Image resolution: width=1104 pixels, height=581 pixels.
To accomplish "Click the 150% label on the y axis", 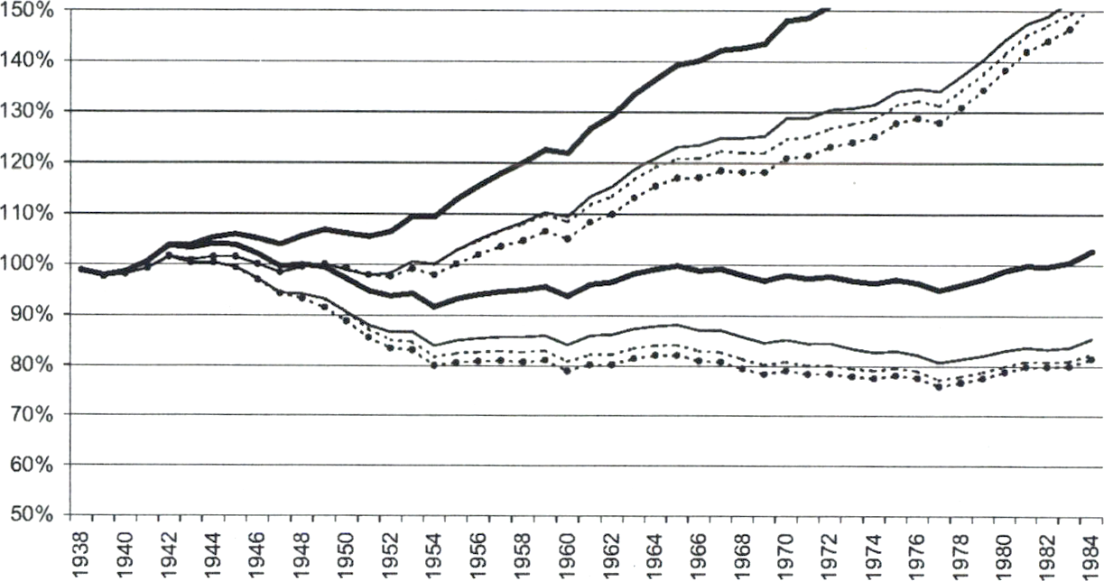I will (x=32, y=10).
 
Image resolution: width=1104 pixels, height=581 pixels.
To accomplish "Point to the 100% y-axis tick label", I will (x=32, y=263).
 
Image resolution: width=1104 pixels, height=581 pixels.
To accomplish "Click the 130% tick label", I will (x=32, y=111).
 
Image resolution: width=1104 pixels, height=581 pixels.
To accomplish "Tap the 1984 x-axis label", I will (x=1091, y=552).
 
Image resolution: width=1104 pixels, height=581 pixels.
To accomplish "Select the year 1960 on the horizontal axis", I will (x=566, y=552).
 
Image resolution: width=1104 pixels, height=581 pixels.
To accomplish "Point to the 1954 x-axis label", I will (x=434, y=552).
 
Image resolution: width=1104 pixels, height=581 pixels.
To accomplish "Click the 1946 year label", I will (x=258, y=552).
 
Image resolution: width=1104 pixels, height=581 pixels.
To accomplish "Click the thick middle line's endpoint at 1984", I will (x=1092, y=253).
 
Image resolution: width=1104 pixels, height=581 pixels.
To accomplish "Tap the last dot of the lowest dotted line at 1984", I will (x=1092, y=359).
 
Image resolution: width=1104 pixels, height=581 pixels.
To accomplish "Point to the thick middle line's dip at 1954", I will (x=434, y=307).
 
